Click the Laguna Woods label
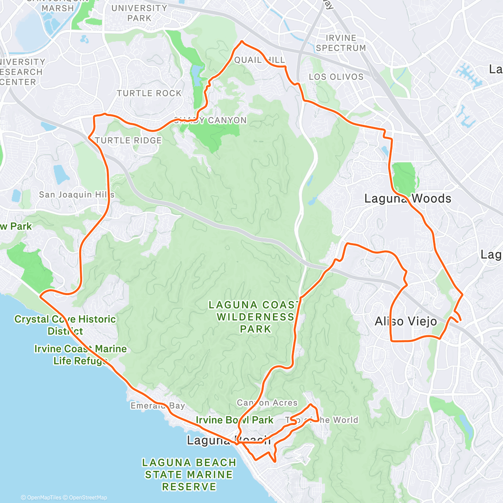click(407, 199)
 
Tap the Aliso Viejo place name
click(405, 322)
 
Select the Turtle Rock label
click(149, 93)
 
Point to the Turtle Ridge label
click(128, 140)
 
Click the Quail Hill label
click(259, 60)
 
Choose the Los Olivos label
click(336, 77)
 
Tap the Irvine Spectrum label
click(341, 43)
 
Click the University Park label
click(139, 13)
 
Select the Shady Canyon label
click(210, 121)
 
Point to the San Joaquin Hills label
click(77, 194)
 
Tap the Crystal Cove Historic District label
click(65, 325)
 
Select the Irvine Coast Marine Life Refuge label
click(80, 355)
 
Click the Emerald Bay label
click(158, 406)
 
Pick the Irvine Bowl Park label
click(234, 420)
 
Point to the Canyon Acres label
click(267, 403)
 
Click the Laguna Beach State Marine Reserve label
click(189, 474)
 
